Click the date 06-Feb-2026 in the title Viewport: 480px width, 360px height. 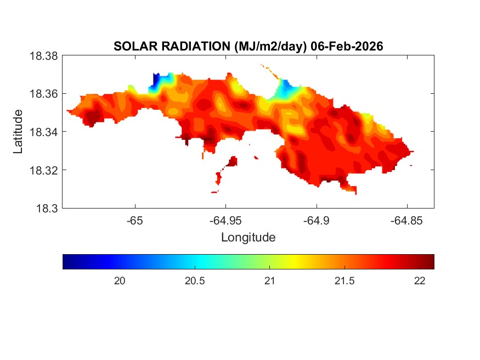tap(347, 47)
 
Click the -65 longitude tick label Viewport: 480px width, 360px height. tap(134, 221)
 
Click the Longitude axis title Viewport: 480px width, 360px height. tap(248, 238)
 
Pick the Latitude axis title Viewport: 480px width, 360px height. tap(19, 132)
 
